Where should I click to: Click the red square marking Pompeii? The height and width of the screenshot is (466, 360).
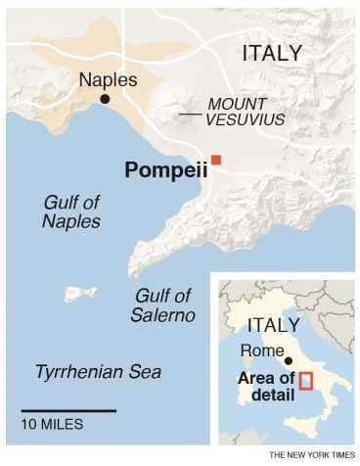(217, 160)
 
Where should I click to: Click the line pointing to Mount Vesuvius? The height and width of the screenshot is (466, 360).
(191, 116)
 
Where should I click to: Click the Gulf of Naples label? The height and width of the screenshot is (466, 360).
(71, 211)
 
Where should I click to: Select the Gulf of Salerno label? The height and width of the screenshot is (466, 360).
(163, 305)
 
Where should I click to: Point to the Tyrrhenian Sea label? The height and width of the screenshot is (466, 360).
(98, 372)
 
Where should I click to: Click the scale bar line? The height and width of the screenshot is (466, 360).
(68, 409)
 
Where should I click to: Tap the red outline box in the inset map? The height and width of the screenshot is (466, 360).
(305, 379)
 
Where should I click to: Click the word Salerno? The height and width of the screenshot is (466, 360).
(163, 315)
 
